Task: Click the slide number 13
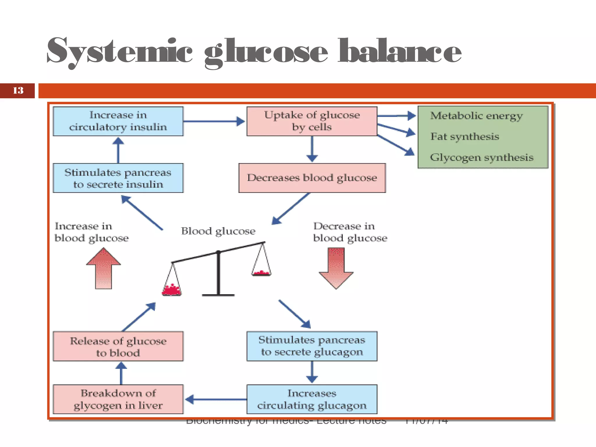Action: click(x=18, y=91)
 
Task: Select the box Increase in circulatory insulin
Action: click(x=118, y=121)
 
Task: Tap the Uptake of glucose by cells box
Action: click(x=312, y=121)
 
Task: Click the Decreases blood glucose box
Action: click(x=312, y=178)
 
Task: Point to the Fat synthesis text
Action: click(x=465, y=136)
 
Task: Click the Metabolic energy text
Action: click(x=476, y=116)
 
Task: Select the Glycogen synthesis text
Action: click(x=482, y=157)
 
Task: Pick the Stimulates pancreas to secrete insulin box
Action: click(x=118, y=178)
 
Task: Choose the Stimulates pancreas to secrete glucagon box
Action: click(x=312, y=346)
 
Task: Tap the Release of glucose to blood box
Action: click(x=118, y=346)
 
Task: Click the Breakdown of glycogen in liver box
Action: click(x=118, y=399)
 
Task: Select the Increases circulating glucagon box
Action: click(x=312, y=399)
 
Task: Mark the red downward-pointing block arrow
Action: click(x=336, y=268)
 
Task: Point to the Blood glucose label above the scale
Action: click(x=218, y=231)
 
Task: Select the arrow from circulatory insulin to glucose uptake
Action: click(x=214, y=121)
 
